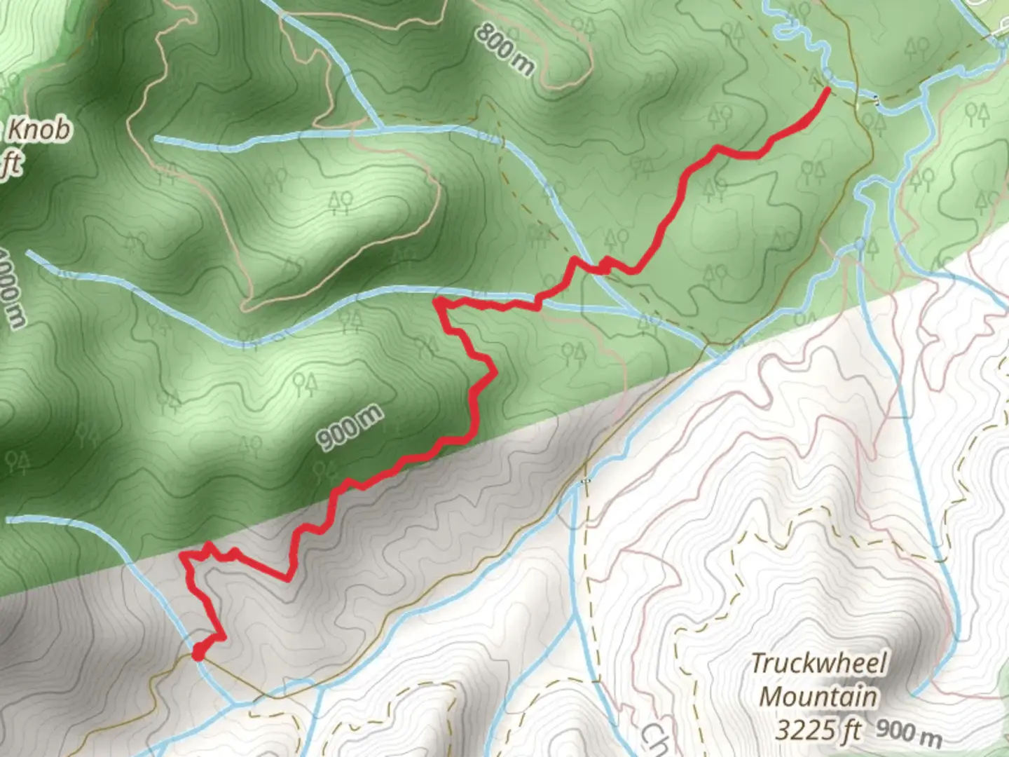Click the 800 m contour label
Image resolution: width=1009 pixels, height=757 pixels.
pyautogui.click(x=505, y=49)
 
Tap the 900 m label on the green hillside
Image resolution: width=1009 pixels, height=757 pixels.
pyautogui.click(x=350, y=427)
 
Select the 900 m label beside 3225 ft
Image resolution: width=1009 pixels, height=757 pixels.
pyautogui.click(x=909, y=732)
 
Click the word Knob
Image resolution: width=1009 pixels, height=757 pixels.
pyautogui.click(x=39, y=130)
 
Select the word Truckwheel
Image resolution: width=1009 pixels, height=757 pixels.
pyautogui.click(x=818, y=663)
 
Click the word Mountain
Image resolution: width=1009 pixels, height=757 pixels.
pyautogui.click(x=818, y=697)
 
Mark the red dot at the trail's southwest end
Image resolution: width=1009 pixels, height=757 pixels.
pyautogui.click(x=198, y=653)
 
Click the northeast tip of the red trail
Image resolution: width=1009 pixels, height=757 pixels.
pyautogui.click(x=828, y=89)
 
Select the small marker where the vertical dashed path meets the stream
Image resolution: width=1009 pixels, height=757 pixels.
pyautogui.click(x=586, y=481)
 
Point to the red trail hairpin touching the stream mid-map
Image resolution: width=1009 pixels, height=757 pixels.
pyautogui.click(x=437, y=302)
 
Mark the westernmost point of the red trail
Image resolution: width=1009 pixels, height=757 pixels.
pyautogui.click(x=183, y=555)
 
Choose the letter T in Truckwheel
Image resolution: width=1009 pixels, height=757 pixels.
pyautogui.click(x=758, y=663)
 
